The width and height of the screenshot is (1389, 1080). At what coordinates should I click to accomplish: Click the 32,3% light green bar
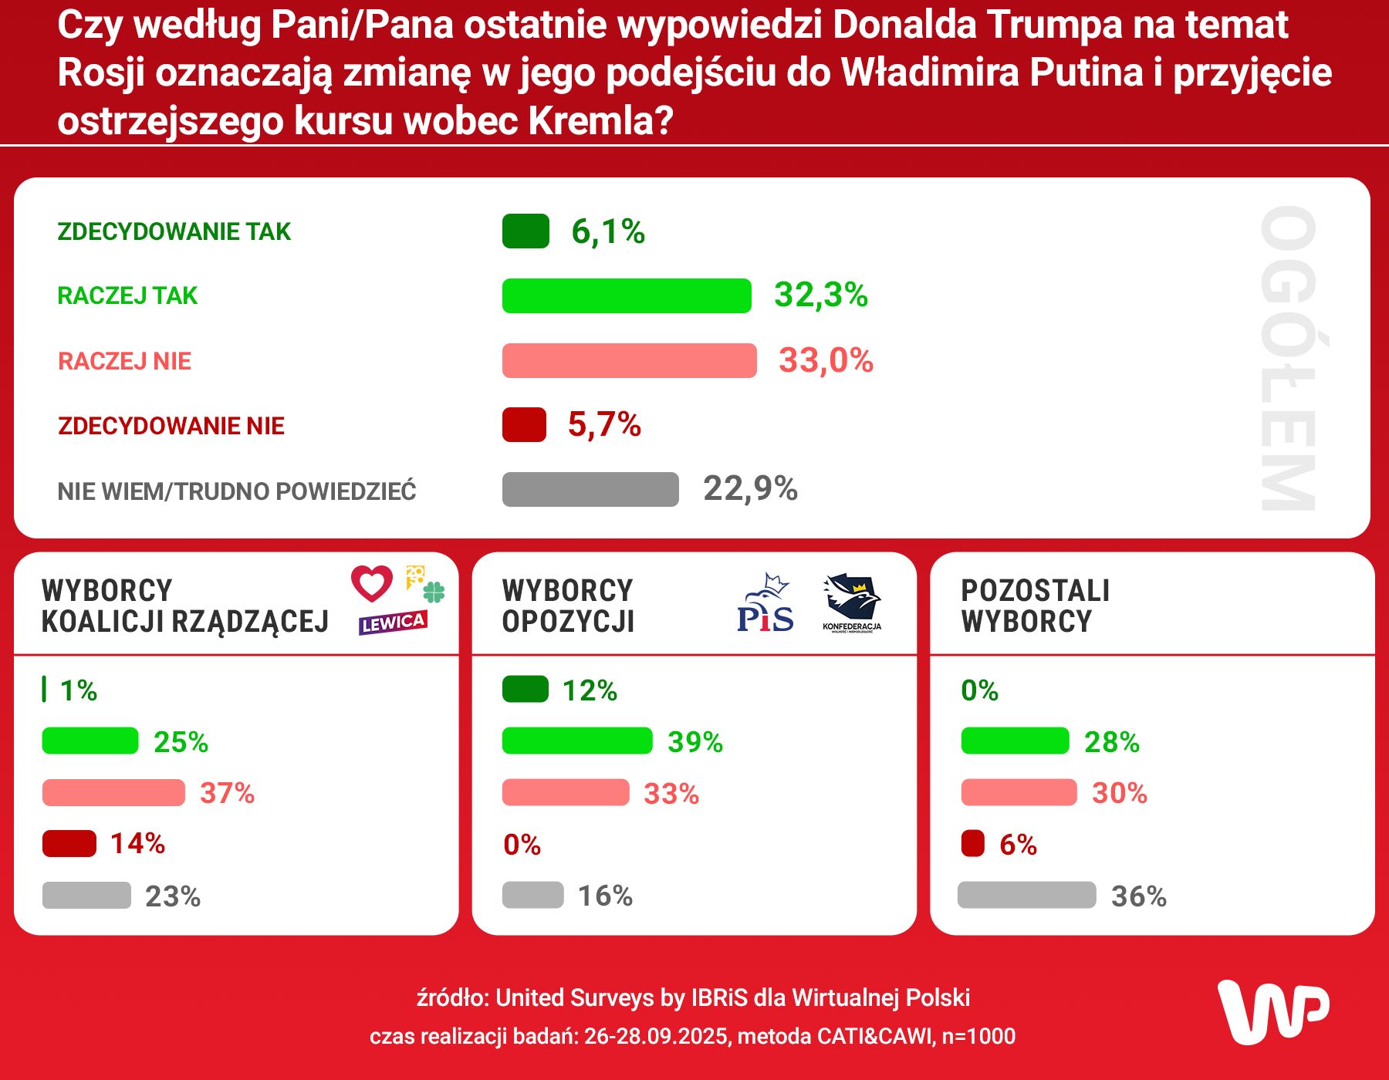click(x=626, y=295)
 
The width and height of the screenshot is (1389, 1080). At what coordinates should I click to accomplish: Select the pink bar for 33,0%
click(x=629, y=360)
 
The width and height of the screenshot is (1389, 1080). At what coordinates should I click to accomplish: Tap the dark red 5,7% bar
click(x=524, y=424)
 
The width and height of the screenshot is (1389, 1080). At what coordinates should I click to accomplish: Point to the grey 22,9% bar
click(x=590, y=489)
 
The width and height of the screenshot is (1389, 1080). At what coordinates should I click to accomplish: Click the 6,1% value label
click(x=608, y=231)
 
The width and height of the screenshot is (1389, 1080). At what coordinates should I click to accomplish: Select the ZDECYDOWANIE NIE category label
click(x=171, y=426)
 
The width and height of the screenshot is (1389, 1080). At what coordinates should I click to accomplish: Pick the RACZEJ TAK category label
click(x=127, y=295)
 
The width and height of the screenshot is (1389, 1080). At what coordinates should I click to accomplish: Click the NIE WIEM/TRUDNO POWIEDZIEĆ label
click(x=237, y=491)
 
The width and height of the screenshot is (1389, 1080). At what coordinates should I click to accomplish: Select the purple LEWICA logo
click(x=393, y=623)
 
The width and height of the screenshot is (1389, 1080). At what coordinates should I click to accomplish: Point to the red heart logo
click(x=372, y=583)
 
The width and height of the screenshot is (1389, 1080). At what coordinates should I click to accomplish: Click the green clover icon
click(x=434, y=592)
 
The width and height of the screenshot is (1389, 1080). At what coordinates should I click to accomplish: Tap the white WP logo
click(x=1272, y=1011)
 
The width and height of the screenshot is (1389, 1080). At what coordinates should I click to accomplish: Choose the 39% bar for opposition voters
click(x=576, y=741)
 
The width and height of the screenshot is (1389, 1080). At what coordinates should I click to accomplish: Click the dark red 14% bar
click(x=69, y=843)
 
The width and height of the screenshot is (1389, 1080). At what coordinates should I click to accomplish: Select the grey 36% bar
click(x=1026, y=895)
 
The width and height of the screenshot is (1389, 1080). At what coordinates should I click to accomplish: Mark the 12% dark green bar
click(x=525, y=689)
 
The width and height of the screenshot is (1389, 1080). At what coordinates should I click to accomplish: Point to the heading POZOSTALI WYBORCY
click(x=1035, y=606)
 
